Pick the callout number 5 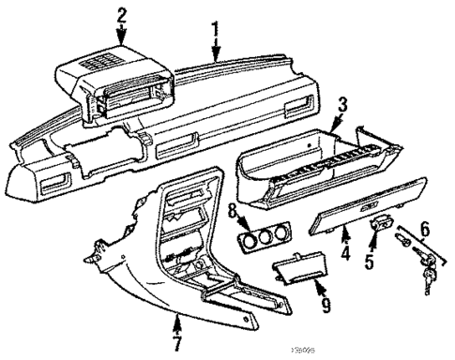[x=369, y=262]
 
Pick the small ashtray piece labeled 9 [x=298, y=273]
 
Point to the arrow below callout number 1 [x=216, y=52]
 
